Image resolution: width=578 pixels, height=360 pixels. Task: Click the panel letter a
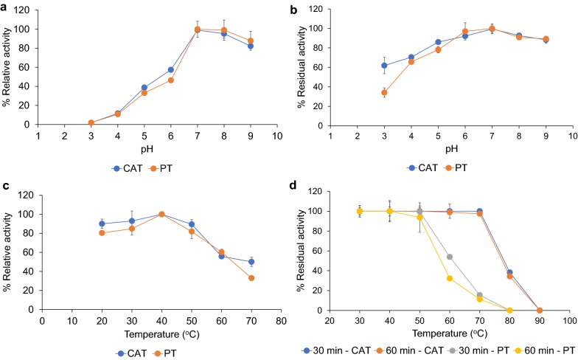(x=5, y=6)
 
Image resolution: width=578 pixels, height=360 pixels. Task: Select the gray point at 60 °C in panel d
(x=450, y=257)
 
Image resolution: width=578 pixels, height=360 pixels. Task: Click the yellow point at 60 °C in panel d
(x=450, y=278)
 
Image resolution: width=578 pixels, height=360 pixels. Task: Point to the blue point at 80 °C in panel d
(x=509, y=272)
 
